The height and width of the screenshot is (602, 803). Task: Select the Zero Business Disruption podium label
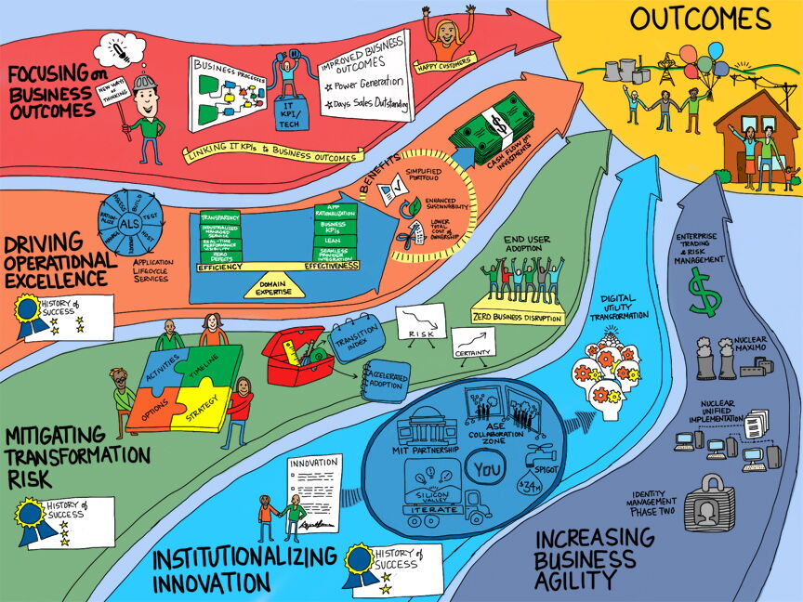pos(518,316)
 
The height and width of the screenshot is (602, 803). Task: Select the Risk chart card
pos(421,322)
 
